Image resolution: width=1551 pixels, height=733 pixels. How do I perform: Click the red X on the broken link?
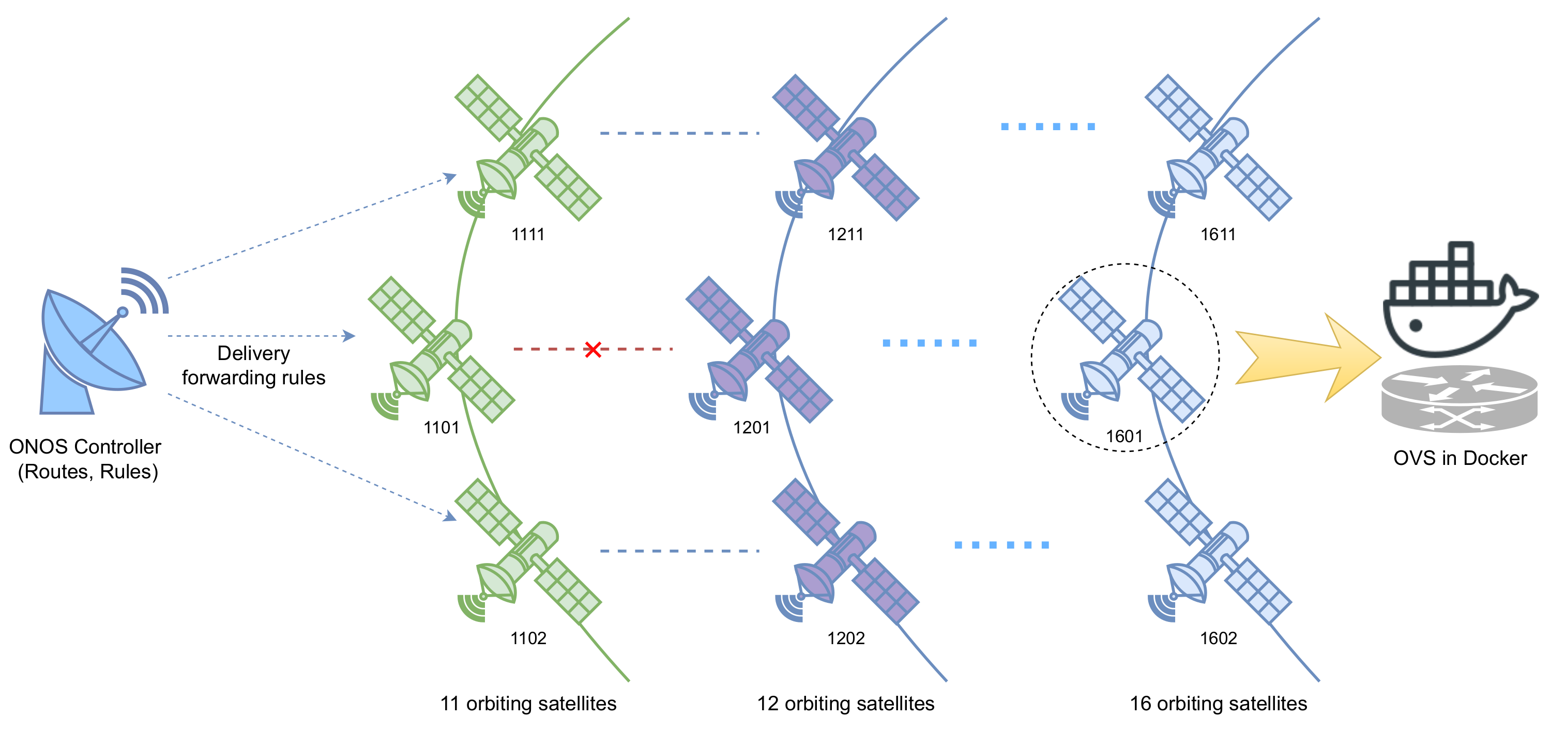click(x=592, y=349)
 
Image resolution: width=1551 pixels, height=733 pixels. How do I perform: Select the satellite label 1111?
click(x=527, y=234)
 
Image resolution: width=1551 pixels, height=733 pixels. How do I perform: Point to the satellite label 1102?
click(x=528, y=638)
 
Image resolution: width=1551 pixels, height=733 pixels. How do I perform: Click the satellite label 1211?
click(x=845, y=234)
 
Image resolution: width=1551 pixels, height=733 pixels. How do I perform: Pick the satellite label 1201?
click(x=751, y=427)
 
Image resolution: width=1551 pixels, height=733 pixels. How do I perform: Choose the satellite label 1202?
click(x=845, y=638)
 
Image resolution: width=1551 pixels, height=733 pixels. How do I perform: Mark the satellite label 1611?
click(x=1218, y=234)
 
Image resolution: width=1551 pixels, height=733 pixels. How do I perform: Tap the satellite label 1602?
click(x=1218, y=638)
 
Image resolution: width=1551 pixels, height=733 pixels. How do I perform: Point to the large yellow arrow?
click(x=1306, y=357)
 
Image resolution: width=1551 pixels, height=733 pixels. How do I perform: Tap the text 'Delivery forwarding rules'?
click(x=253, y=365)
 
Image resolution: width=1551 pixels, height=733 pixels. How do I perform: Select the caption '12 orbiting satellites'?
click(x=845, y=703)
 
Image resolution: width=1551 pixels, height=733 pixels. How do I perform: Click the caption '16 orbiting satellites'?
click(x=1218, y=703)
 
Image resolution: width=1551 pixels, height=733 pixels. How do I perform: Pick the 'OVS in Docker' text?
click(x=1459, y=458)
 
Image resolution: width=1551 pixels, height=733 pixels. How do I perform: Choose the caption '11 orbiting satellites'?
click(x=528, y=703)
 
